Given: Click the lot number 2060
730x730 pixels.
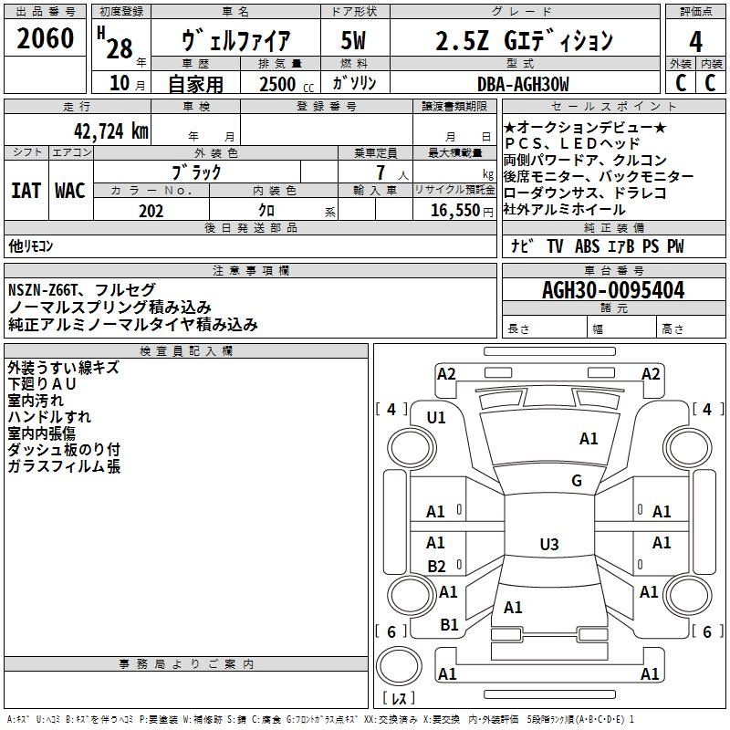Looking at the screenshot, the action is point(46,38).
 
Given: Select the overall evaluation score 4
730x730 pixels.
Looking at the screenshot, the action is point(695,41).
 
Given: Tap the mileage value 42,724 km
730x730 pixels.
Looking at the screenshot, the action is point(101,130).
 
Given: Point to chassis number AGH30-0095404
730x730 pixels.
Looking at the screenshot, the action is point(612,291).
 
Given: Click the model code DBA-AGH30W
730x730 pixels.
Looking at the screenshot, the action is point(522,84).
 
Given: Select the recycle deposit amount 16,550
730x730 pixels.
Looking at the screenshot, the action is point(454,210).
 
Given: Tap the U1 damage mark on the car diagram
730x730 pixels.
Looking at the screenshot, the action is point(436,418).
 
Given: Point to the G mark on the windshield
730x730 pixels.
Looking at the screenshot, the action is point(576,481).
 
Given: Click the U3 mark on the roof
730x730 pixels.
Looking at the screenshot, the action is point(548,545).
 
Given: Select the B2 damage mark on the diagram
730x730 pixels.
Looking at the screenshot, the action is point(436,566).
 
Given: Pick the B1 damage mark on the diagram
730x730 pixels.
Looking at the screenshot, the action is point(449,625).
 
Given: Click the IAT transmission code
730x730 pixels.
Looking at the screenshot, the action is point(26,191).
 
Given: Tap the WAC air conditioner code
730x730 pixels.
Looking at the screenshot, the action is point(70,191).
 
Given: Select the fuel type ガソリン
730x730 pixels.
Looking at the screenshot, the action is point(355,83).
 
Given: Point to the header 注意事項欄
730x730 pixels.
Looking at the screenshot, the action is point(251,271).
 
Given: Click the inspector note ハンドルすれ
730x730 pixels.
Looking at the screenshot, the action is point(49,417).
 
